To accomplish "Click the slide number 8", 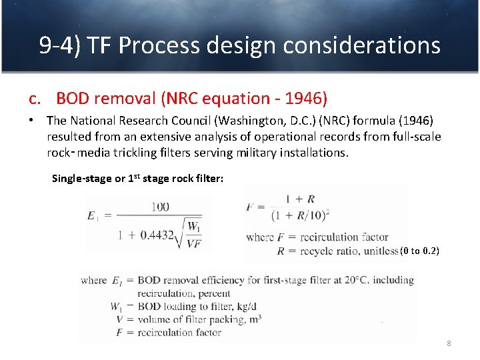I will click(449, 343).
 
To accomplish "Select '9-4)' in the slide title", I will click(59, 46).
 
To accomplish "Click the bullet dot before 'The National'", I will click(31, 121).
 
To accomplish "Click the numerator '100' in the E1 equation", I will click(160, 207).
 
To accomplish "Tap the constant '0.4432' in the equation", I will click(158, 235).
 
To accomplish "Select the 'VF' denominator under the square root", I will click(193, 243).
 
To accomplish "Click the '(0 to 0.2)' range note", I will click(419, 251).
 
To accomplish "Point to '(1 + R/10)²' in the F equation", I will click(301, 215).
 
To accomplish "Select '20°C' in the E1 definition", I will click(354, 281).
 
